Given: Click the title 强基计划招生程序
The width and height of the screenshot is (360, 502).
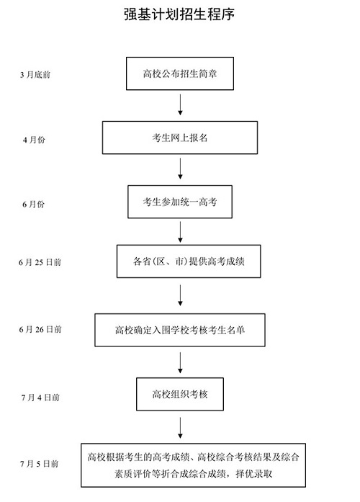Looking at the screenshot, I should (180, 14).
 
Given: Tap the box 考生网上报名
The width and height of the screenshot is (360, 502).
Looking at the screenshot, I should (180, 138).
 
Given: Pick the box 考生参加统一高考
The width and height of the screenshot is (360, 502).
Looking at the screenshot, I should (180, 204).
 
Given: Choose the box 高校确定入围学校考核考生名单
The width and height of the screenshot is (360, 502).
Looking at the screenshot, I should (180, 330).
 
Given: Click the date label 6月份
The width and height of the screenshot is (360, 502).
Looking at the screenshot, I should (34, 205).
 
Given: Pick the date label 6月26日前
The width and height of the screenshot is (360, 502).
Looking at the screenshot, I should (40, 329).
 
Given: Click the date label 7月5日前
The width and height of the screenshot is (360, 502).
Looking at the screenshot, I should (40, 462).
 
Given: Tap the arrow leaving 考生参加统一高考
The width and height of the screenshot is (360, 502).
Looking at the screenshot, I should (180, 232).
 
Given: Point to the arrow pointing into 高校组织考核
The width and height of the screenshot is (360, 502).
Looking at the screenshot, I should (180, 362).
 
